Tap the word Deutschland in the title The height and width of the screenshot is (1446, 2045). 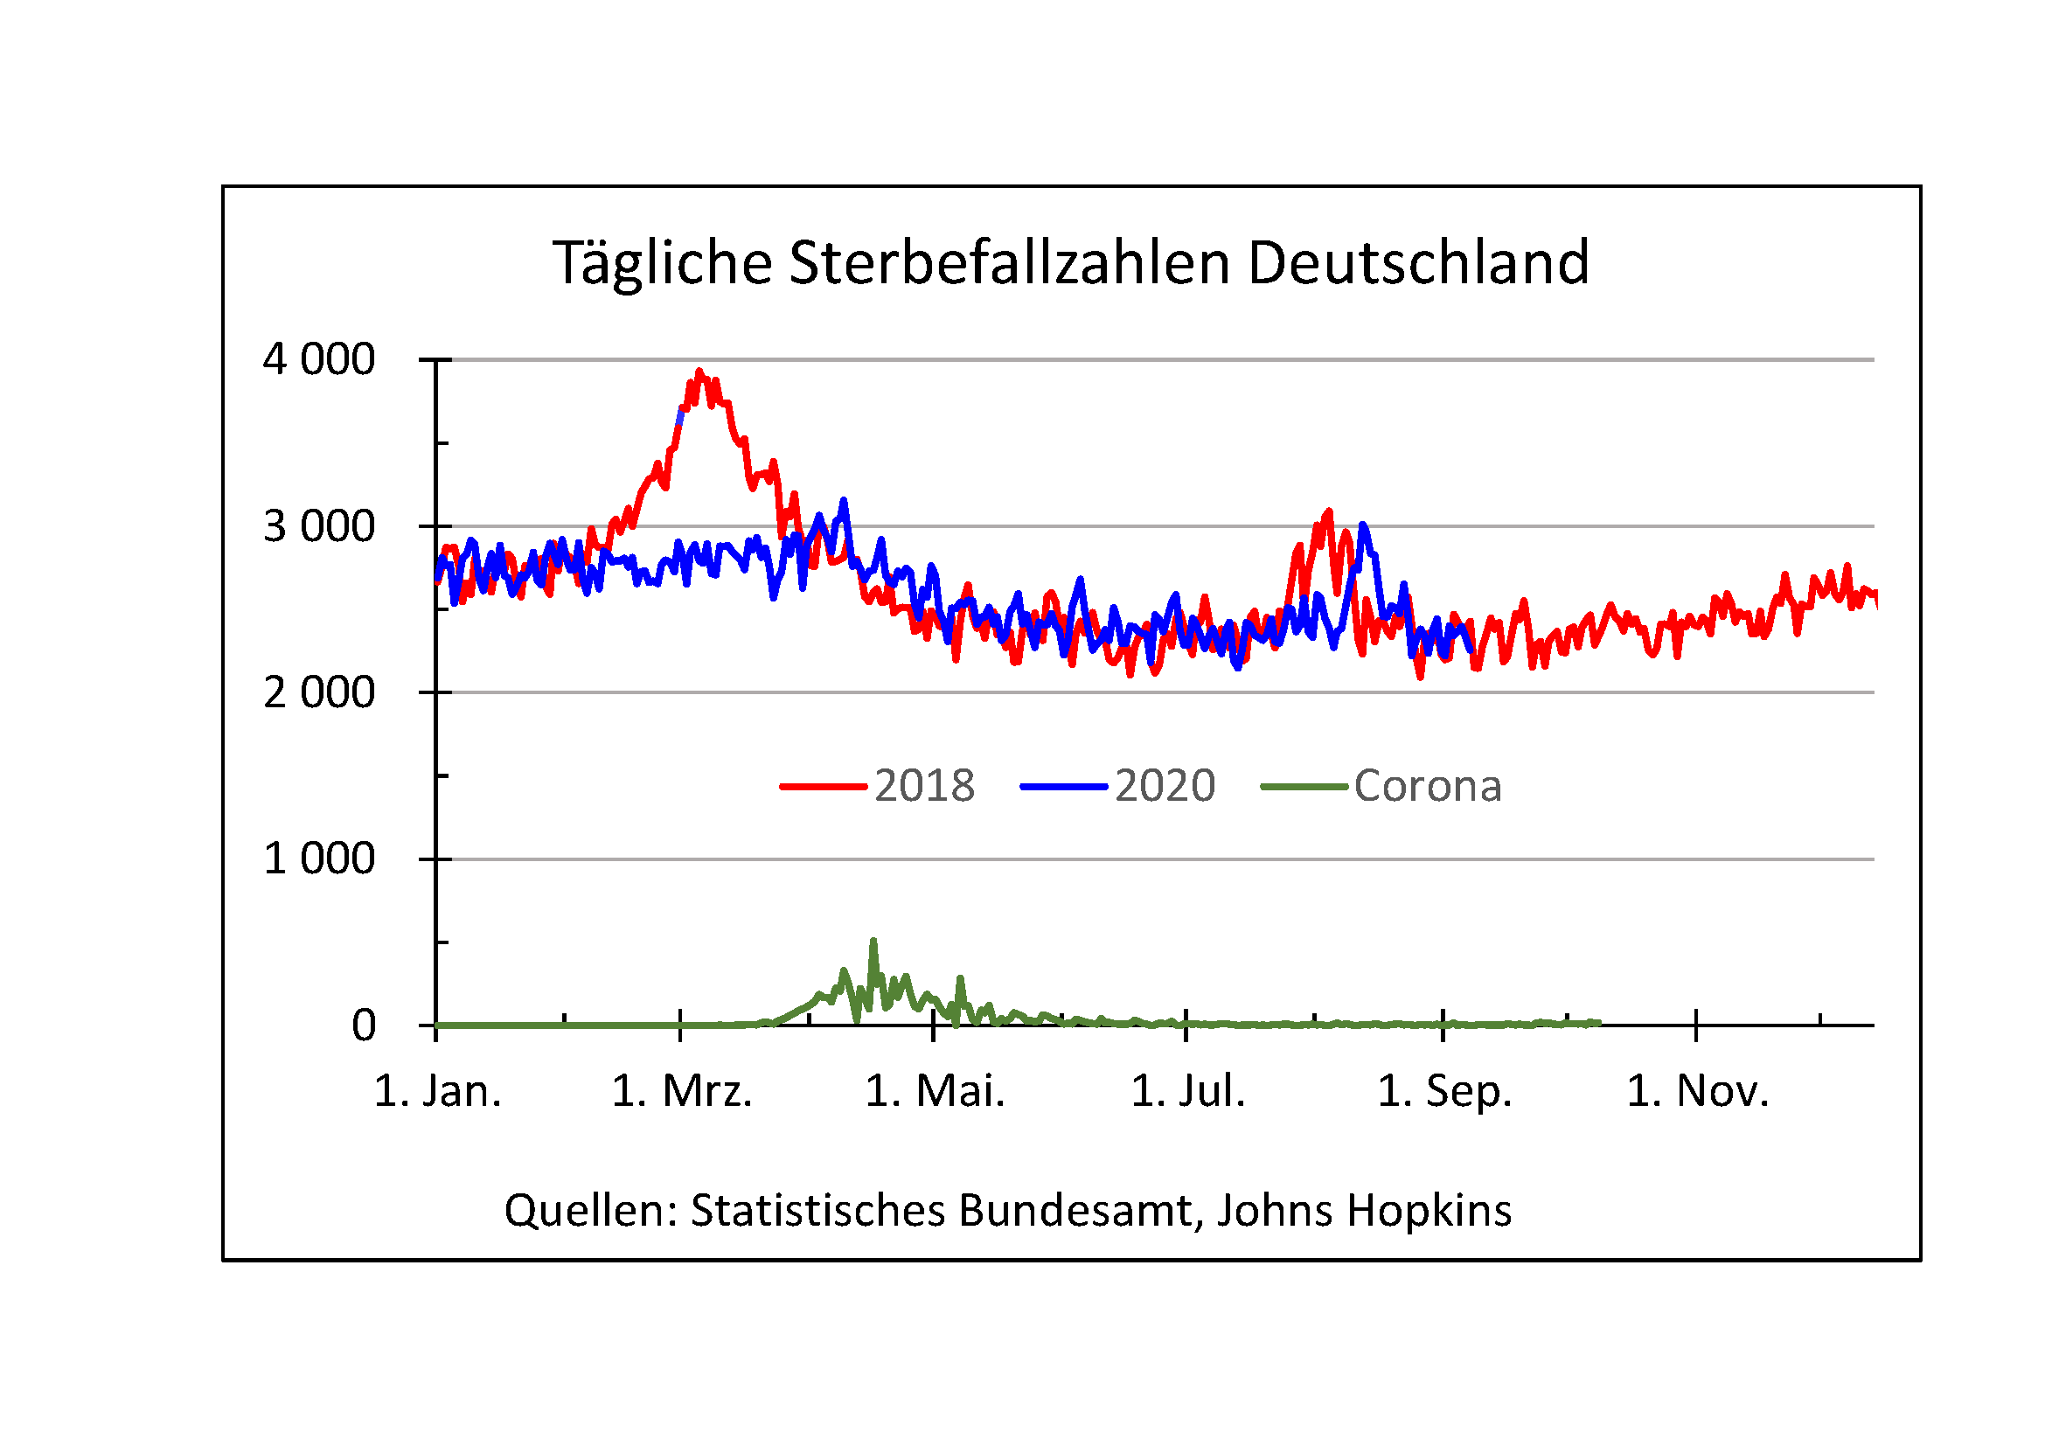coord(1418,263)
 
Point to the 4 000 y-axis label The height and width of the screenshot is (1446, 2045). coord(319,359)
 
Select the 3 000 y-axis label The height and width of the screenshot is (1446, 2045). coord(319,526)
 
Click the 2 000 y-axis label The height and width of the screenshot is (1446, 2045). coord(319,692)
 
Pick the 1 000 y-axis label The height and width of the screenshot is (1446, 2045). coord(319,859)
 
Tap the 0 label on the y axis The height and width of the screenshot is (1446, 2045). coord(364,1025)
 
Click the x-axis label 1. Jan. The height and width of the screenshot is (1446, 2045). coord(437,1092)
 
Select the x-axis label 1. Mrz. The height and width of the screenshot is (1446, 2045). coord(682,1092)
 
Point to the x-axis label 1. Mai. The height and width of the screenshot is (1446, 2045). coord(936,1092)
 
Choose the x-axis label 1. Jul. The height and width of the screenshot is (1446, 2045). coord(1188,1092)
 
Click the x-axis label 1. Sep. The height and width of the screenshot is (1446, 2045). coord(1444,1092)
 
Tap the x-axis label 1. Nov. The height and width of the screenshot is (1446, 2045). coord(1698,1092)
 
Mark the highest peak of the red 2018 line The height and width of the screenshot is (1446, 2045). coord(699,372)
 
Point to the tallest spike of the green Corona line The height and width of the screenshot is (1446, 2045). coord(873,942)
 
